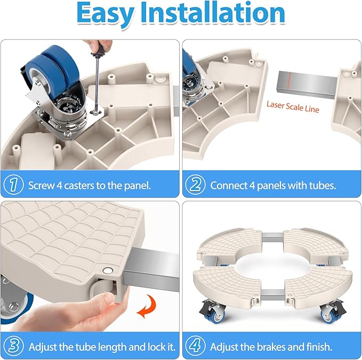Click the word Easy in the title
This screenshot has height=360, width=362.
pos(105,14)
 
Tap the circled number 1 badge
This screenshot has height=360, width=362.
pos(13,185)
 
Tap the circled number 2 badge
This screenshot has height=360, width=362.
pos(195,185)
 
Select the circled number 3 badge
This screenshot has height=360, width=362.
pos(14,346)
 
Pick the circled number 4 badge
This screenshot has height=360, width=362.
pos(195,346)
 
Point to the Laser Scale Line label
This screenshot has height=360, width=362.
pos(293,107)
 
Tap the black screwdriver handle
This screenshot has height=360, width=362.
pos(99,52)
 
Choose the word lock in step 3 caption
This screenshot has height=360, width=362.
pos(150,347)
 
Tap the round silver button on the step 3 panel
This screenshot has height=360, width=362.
pos(108,271)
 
